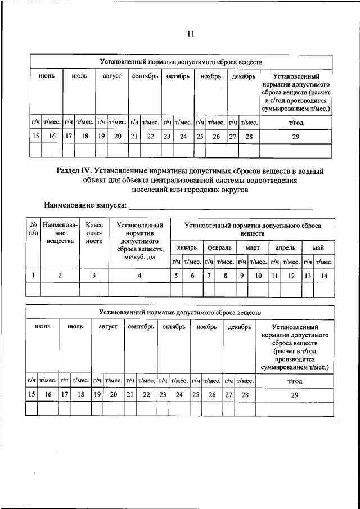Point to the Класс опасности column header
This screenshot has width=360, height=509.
(94, 233)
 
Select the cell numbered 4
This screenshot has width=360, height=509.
(139, 275)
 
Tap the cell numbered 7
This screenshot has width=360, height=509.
(209, 275)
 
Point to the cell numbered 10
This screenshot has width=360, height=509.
(258, 275)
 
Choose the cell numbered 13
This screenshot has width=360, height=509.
(308, 275)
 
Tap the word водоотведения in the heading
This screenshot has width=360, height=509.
(271, 180)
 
